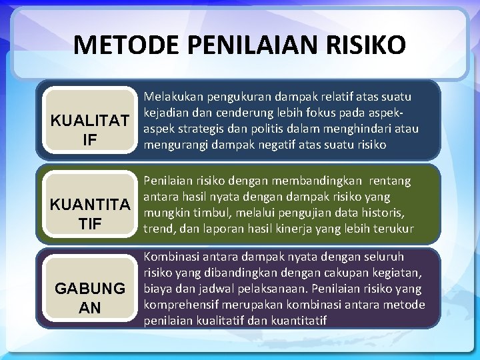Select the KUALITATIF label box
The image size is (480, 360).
coord(90,130)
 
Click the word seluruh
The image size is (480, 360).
coord(383,257)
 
